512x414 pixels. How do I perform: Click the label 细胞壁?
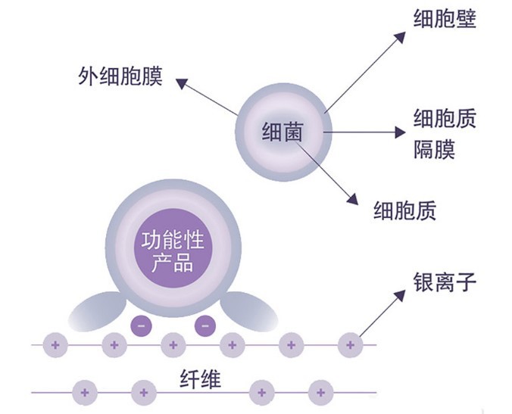pos(445,19)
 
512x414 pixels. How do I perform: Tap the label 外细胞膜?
pos(120,77)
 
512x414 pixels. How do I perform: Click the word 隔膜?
pos(434,148)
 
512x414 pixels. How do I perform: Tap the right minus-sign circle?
pos(204,326)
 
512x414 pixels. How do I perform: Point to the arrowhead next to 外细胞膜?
pos(178,79)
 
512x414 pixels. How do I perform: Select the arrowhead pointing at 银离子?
pos(400,292)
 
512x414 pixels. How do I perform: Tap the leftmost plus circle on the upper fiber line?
pos(54,345)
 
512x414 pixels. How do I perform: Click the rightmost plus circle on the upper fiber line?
pos(349,345)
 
